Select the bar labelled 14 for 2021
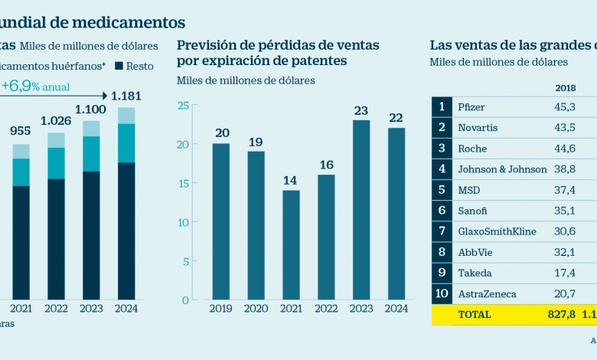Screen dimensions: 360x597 (x=291, y=244)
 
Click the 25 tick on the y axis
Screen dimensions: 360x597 (x=183, y=105)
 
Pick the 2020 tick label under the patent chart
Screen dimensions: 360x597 (x=256, y=309)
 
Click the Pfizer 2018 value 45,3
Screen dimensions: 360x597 (x=565, y=106)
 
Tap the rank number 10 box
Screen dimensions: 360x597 (x=442, y=293)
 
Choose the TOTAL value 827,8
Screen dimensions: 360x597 (x=560, y=315)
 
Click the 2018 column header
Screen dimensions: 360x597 (x=565, y=87)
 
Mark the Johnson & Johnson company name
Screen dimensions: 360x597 (x=502, y=169)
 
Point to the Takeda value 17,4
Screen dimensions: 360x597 (x=565, y=273)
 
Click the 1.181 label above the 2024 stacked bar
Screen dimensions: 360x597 (x=127, y=97)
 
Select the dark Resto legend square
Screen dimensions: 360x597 (x=120, y=66)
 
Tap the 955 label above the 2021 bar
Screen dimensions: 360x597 (x=21, y=131)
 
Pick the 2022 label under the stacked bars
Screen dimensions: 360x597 (x=56, y=309)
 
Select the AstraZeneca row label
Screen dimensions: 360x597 (x=486, y=293)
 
